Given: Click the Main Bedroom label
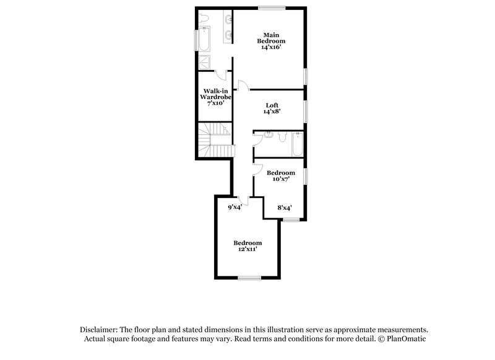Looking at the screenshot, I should (270, 41).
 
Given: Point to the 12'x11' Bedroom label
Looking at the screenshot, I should (247, 246).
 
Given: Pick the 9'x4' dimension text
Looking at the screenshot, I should (235, 208).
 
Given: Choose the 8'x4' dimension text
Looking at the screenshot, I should (284, 208).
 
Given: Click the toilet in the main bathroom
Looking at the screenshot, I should (205, 17).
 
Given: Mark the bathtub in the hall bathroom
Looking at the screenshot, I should (298, 144).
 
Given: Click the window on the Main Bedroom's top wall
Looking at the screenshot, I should (272, 7).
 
